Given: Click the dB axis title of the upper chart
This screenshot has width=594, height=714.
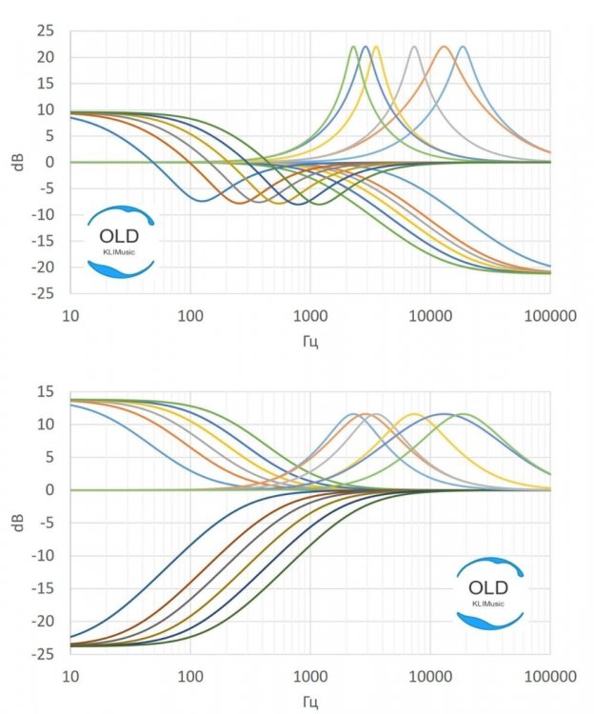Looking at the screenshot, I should (18, 162).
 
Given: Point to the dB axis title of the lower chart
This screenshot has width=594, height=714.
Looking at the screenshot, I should (18, 523).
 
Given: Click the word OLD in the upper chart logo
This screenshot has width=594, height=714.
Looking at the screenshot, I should (120, 235).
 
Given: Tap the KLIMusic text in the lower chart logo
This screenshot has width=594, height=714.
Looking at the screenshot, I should (489, 603).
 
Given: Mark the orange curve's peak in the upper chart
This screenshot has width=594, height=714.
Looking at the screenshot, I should (444, 47).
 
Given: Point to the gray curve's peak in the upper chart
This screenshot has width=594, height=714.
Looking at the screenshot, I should (414, 47).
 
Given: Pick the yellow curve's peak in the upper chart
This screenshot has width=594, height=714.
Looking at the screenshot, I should (376, 47).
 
